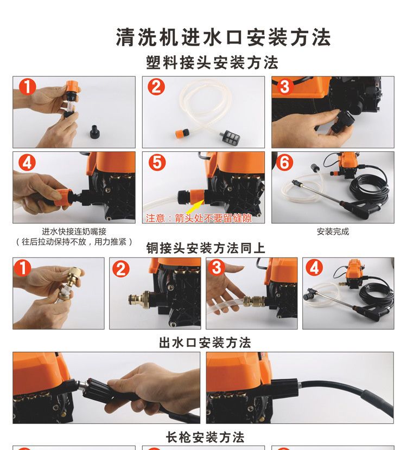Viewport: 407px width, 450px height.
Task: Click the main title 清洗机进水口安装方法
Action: pos(223,37)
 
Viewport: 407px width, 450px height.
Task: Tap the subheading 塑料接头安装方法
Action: pos(212,62)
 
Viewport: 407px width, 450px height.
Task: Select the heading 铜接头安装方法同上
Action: pos(205,248)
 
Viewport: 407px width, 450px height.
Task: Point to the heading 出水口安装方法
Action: pos(205,343)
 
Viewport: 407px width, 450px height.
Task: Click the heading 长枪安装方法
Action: pos(205,438)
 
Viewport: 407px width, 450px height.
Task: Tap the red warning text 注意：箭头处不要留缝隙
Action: pos(199,218)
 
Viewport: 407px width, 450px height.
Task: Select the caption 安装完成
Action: pos(333,232)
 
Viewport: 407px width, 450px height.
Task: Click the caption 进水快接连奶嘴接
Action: pos(74,232)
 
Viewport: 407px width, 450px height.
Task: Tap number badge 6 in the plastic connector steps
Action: pos(284,162)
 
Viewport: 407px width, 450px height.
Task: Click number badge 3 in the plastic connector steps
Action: pos(285,86)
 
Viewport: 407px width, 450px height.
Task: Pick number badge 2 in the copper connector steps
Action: pos(121,269)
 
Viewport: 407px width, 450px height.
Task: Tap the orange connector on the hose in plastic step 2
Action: pos(183,133)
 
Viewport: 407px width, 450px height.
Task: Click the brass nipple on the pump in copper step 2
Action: pos(139,299)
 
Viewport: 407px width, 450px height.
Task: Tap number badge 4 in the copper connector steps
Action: pos(314,268)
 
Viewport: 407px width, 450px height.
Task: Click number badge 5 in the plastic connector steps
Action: pos(157,162)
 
